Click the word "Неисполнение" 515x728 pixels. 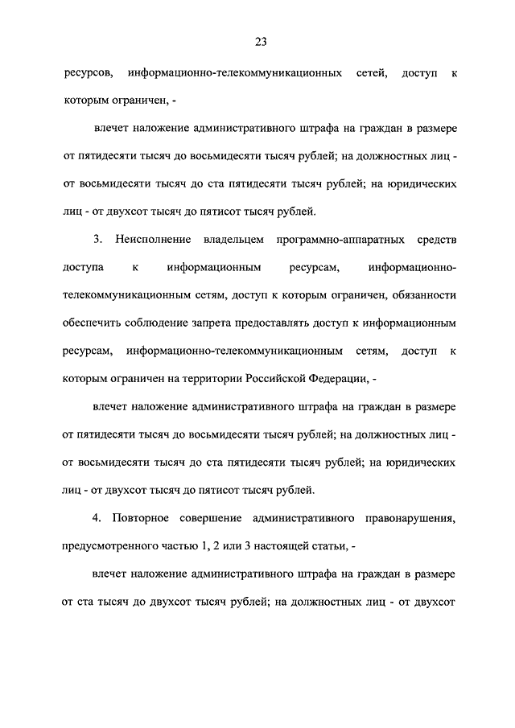153,239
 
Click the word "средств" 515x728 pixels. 435,239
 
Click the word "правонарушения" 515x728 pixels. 408,520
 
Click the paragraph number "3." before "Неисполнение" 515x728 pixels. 97,239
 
